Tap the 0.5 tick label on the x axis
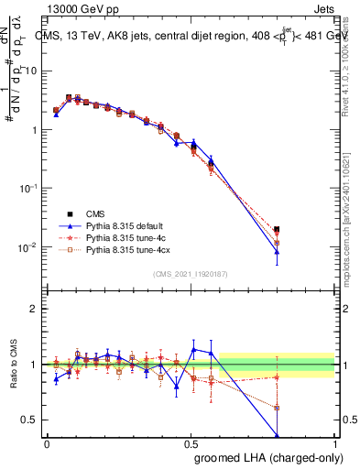[x=191, y=443]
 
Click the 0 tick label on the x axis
[x=47, y=443]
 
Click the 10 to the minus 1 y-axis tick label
[x=30, y=188]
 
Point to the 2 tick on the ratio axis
[x=34, y=309]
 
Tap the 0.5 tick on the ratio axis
[x=30, y=420]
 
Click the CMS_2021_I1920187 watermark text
[x=191, y=274]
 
